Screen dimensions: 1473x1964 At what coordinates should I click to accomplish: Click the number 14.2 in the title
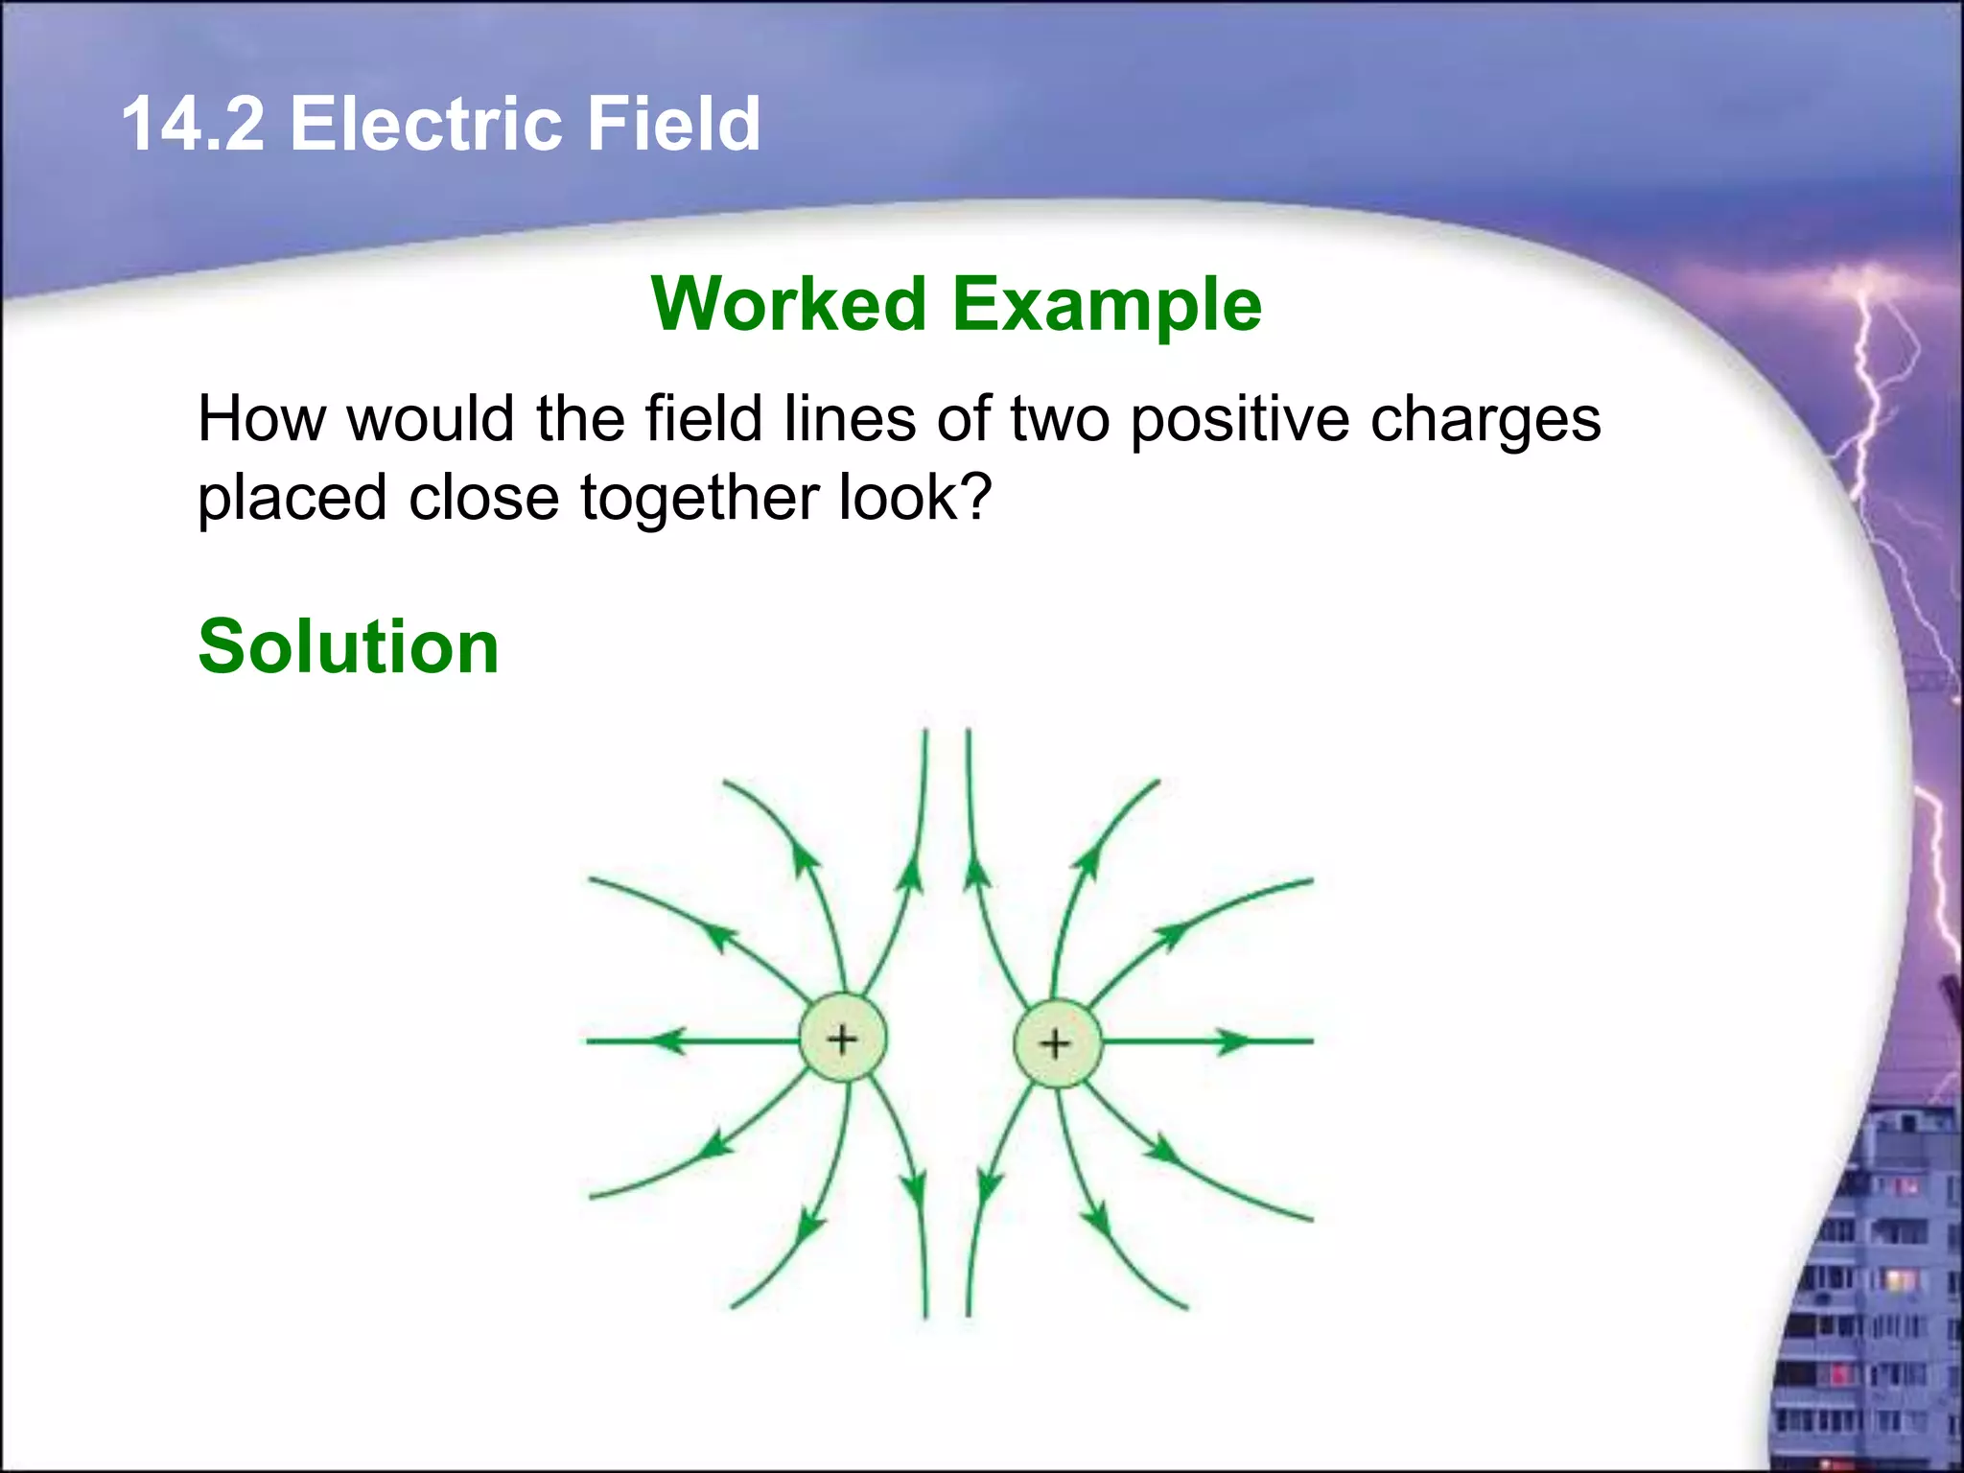click(193, 125)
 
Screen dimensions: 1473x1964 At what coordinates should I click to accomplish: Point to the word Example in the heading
click(1107, 304)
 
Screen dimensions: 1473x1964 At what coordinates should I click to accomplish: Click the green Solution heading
click(348, 647)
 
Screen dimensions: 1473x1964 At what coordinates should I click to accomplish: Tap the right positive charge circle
click(1056, 1043)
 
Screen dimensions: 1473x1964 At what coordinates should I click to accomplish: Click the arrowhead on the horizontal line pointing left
click(667, 1040)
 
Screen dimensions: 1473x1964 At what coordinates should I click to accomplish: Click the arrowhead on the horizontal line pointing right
click(1235, 1041)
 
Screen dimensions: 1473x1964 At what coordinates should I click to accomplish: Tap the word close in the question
click(483, 499)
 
